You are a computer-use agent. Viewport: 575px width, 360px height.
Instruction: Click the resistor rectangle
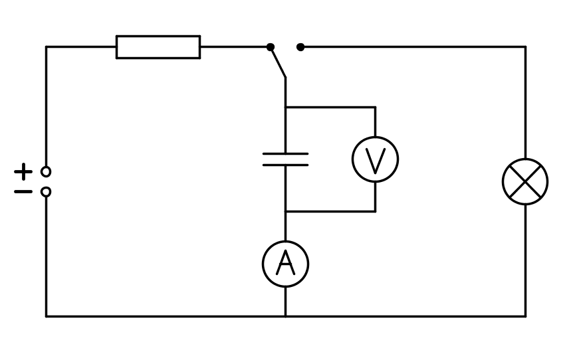pos(158,47)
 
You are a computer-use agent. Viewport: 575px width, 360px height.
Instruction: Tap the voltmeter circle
pos(375,159)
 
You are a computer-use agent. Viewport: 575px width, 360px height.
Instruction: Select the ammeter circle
pos(285,264)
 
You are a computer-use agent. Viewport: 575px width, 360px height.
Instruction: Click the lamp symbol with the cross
pos(525,181)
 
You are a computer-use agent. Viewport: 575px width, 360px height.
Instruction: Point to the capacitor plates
pos(285,159)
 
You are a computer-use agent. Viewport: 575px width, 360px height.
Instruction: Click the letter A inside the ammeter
pos(285,264)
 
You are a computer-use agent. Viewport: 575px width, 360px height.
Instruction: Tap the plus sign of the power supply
pos(23,171)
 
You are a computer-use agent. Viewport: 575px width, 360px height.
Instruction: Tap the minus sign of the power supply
pos(23,192)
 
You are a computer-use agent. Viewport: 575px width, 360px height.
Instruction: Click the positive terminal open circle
pos(46,171)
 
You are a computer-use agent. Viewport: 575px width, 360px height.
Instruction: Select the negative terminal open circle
pos(46,192)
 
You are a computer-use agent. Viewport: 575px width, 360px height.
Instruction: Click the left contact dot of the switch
pos(271,47)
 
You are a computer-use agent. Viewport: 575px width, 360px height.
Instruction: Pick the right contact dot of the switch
pos(300,47)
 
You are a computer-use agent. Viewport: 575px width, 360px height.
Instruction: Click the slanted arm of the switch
pos(278,62)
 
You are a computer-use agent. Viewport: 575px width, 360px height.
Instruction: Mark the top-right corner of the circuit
pos(525,47)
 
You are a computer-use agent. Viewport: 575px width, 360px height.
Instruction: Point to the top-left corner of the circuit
pos(46,47)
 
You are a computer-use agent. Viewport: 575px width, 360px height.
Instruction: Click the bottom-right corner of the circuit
pos(525,316)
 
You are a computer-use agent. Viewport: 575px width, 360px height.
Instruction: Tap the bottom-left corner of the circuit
pos(46,316)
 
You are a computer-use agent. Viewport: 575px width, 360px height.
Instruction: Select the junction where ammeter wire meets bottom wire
pos(285,316)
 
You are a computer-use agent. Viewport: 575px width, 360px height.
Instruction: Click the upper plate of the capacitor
pos(285,154)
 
